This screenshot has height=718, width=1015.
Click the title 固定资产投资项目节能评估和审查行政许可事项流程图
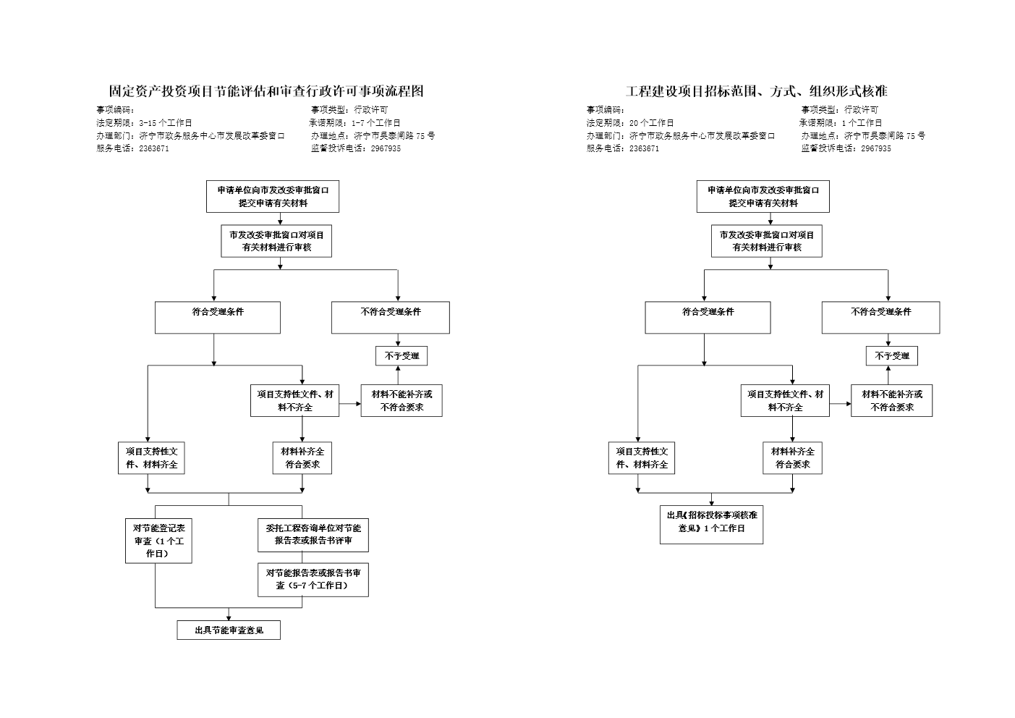point(266,91)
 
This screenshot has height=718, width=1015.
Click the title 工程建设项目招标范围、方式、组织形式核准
point(756,91)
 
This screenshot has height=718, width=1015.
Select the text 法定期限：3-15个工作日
point(144,123)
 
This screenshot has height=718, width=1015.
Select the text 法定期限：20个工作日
point(629,123)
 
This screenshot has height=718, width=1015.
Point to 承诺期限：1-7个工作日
point(355,123)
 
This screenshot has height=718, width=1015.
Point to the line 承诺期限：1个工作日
point(841,123)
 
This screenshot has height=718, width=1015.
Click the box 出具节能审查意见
point(229,630)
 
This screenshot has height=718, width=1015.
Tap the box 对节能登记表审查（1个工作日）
point(158,541)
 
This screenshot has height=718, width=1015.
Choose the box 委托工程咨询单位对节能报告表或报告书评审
point(313,534)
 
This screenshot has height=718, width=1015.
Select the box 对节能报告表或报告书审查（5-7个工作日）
point(313,579)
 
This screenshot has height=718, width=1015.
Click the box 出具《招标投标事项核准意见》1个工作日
point(711,522)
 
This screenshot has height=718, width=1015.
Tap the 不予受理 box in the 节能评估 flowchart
point(402,356)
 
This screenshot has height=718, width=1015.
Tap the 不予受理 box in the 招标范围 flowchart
point(892,356)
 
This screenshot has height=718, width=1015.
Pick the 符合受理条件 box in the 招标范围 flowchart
point(708,318)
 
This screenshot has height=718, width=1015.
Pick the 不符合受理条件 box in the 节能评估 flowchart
point(391,318)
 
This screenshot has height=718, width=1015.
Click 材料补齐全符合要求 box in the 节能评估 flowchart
point(302,458)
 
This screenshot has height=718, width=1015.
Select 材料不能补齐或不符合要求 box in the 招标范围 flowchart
point(891,401)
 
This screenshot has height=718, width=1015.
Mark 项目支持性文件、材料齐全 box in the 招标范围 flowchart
point(641,458)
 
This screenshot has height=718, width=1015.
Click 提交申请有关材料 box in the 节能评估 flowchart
point(273,197)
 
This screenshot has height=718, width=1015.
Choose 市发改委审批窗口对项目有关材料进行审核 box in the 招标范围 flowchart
point(767,241)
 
